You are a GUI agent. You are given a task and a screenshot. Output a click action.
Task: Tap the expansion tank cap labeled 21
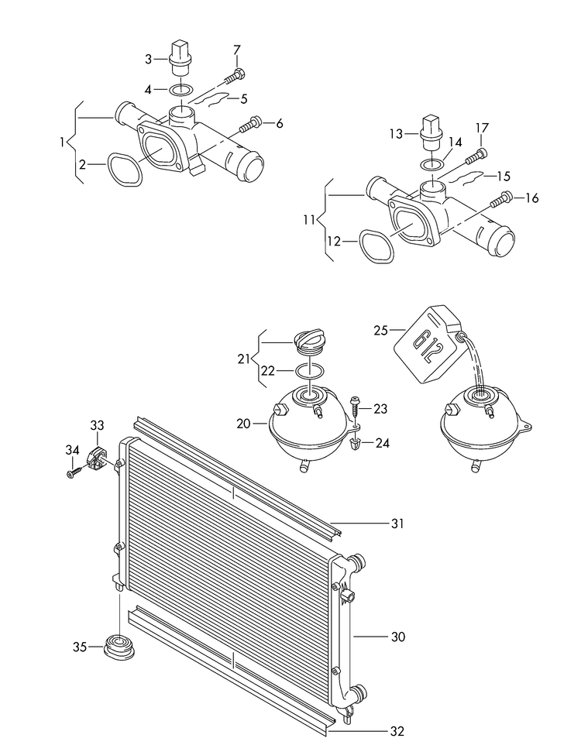[x=312, y=341]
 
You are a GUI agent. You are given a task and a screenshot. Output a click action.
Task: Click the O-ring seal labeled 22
[x=311, y=370]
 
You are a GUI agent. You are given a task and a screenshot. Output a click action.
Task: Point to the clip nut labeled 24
[x=356, y=445]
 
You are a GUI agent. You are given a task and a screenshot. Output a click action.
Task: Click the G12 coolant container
[x=427, y=345]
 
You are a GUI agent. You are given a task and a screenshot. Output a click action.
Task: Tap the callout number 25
[x=380, y=330]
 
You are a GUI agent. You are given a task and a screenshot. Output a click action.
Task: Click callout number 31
[x=397, y=524]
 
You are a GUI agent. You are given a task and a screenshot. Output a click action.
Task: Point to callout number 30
[x=397, y=637]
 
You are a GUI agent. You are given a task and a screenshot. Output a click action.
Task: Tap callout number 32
[x=397, y=730]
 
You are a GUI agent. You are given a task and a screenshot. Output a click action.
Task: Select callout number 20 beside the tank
[x=244, y=424]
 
